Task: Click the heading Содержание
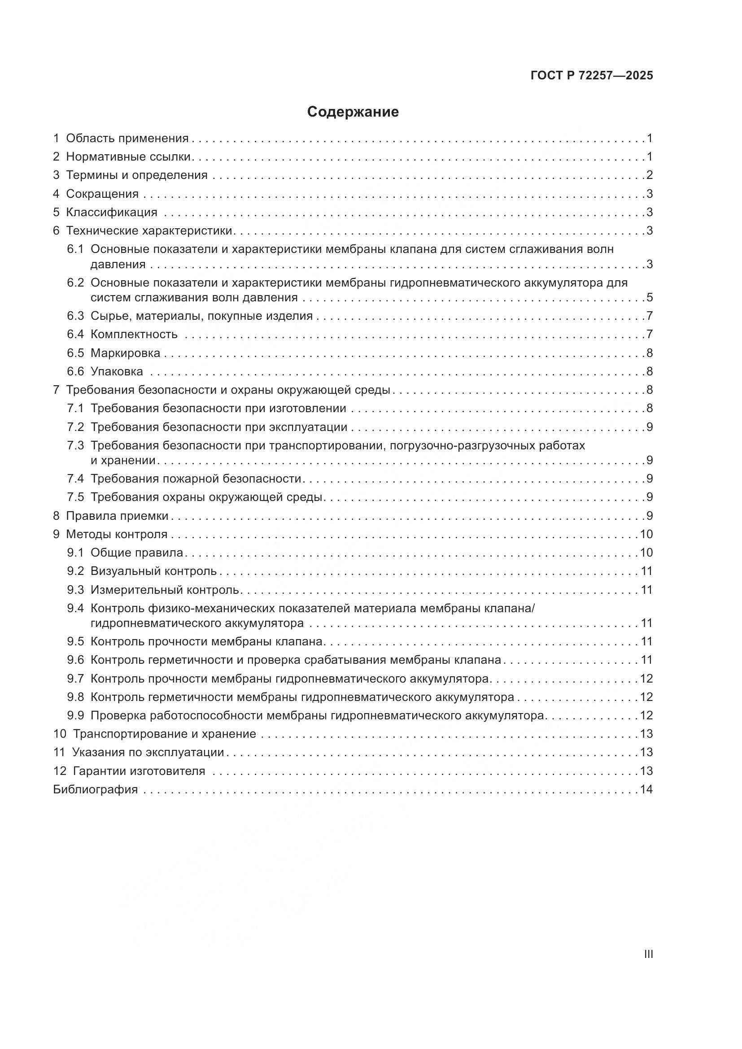[x=353, y=112]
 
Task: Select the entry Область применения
[x=127, y=139]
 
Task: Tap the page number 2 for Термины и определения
[x=649, y=175]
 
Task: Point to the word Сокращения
[x=102, y=194]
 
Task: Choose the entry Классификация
[x=112, y=212]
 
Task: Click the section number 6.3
[x=75, y=316]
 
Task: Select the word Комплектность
[x=134, y=334]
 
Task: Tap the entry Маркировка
[x=125, y=353]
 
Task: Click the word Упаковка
[x=117, y=371]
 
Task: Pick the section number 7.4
[x=75, y=479]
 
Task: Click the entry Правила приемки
[x=117, y=516]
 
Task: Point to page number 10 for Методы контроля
[x=646, y=534]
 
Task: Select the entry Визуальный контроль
[x=153, y=571]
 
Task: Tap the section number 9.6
[x=75, y=660]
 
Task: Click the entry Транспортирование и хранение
[x=165, y=734]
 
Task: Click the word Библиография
[x=96, y=789]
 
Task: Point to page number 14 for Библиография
[x=646, y=789]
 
